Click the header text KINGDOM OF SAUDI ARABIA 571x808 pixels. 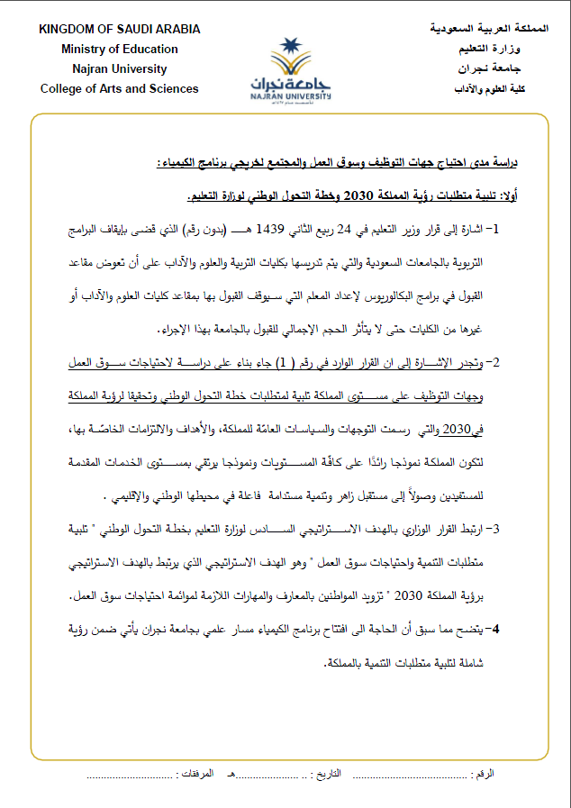[120, 30]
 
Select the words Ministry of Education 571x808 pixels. [120, 50]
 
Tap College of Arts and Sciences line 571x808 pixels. [120, 89]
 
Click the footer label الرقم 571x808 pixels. [484, 774]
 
